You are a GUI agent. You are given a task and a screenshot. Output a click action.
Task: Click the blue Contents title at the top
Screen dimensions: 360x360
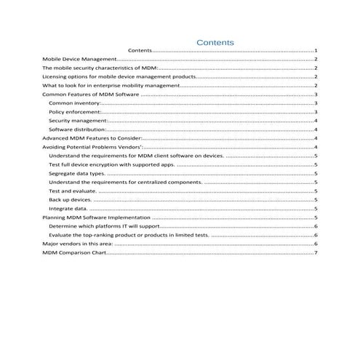(215, 42)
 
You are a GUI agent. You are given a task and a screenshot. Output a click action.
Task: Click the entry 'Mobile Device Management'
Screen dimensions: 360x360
(79, 59)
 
